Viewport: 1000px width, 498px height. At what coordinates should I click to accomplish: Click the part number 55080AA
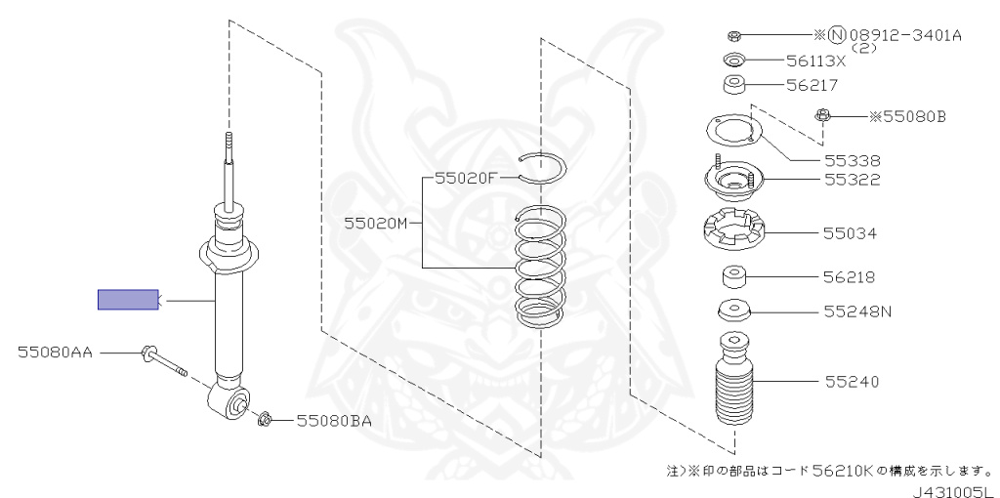click(54, 352)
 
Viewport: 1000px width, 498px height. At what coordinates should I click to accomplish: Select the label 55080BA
click(334, 421)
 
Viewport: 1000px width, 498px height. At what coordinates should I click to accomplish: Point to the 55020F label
click(467, 179)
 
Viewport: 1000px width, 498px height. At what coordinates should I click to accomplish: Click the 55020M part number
click(375, 223)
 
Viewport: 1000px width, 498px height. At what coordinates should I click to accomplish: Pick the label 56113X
click(815, 61)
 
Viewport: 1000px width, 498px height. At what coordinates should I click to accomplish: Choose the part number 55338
click(852, 160)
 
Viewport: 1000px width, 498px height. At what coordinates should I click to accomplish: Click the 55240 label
click(851, 381)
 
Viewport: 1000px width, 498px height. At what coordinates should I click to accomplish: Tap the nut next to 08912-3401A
click(735, 36)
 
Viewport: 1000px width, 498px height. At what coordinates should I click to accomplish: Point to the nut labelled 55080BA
click(264, 421)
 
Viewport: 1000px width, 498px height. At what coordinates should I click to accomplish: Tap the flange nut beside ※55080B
click(824, 118)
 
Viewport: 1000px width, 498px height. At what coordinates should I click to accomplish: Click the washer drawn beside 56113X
click(735, 61)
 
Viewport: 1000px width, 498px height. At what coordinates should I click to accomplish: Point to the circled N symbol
click(837, 36)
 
